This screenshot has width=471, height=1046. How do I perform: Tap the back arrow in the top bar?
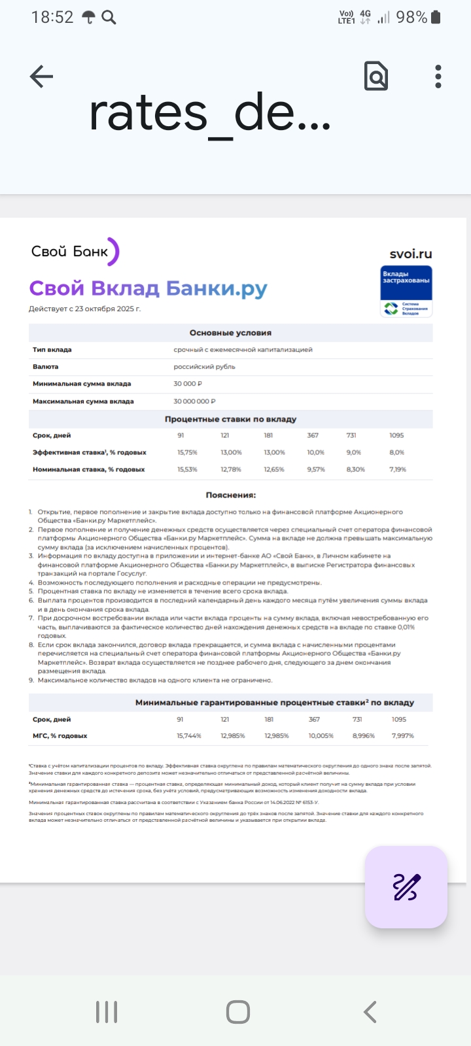coord(41,76)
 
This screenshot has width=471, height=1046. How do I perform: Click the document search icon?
coord(376,76)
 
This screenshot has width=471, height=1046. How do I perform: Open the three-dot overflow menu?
coord(438,76)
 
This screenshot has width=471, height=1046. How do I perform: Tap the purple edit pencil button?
coord(406,887)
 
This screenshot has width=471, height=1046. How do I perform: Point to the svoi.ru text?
coord(411,254)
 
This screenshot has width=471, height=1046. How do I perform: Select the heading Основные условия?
coord(230,333)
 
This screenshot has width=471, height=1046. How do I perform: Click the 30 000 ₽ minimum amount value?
coord(188,384)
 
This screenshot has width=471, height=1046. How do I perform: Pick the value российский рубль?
coord(204,367)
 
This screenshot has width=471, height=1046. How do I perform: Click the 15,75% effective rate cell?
coord(187,452)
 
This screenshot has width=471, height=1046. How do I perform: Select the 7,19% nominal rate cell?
coord(398,469)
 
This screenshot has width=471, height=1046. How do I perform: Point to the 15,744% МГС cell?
coord(189,736)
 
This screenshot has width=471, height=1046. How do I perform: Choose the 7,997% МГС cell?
coord(402,736)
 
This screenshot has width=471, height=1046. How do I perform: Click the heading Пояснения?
coord(230,495)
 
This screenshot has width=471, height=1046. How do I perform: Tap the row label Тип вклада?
coord(52,350)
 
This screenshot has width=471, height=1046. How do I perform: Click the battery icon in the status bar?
coord(436,18)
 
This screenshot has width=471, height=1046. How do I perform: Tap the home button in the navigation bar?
coord(237,1012)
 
